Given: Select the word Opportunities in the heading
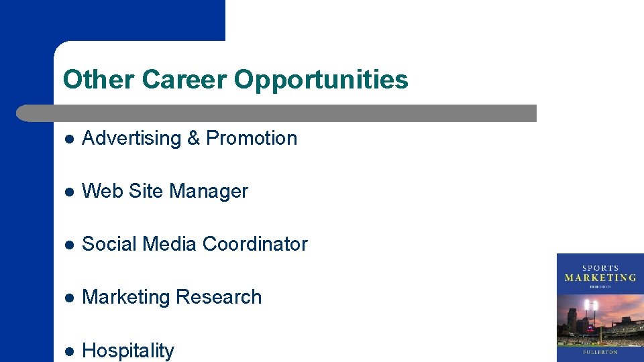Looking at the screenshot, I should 321,80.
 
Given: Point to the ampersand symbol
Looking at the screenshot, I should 194,138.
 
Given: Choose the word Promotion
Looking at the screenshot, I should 252,138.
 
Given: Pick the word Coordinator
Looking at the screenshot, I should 255,244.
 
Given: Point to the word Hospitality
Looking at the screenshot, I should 127,351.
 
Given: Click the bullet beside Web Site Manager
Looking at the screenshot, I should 68,192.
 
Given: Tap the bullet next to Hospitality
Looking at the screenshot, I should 68,351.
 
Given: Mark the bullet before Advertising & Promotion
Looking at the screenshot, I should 68,139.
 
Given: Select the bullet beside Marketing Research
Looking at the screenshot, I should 68,298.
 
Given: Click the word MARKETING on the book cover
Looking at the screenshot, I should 600,278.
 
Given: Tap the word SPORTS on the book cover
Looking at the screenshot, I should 600,268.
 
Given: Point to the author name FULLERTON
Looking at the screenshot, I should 600,352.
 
